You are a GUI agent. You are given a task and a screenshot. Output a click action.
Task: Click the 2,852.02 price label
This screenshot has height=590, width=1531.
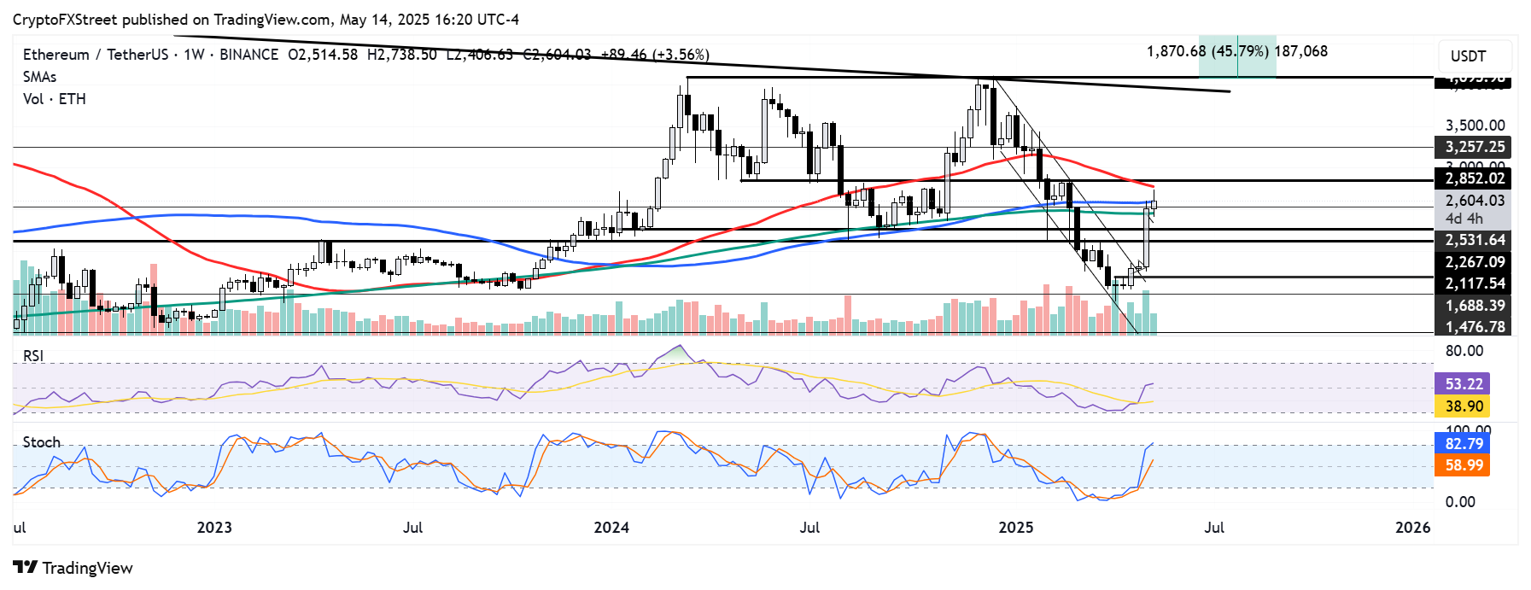tap(1474, 178)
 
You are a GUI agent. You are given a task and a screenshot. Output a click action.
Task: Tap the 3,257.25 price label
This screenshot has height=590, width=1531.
tap(1474, 147)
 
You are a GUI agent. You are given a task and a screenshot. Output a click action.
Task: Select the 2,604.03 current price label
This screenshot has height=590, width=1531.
tap(1474, 201)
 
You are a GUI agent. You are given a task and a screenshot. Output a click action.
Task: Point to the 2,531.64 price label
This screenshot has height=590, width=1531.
tap(1474, 240)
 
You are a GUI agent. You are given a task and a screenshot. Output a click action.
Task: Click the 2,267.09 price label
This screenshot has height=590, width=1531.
tap(1474, 262)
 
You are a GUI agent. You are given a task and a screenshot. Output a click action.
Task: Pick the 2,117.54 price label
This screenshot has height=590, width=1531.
tap(1474, 283)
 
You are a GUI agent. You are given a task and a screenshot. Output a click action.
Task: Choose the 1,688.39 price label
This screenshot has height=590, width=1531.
tap(1474, 306)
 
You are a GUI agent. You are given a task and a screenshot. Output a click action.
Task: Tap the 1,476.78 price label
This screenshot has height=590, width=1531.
tap(1474, 327)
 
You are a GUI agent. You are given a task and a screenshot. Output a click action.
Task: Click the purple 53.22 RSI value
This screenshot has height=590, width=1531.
tap(1464, 384)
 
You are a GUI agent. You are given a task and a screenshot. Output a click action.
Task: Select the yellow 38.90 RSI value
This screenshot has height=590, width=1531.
tap(1464, 406)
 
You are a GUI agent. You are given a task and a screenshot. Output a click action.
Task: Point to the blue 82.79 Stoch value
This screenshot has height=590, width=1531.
tap(1464, 444)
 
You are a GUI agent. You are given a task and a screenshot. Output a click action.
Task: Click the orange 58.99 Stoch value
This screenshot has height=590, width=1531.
tap(1464, 465)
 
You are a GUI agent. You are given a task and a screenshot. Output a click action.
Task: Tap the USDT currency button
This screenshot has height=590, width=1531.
tap(1473, 56)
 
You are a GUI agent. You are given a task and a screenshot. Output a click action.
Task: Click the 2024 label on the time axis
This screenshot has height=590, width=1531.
tap(611, 528)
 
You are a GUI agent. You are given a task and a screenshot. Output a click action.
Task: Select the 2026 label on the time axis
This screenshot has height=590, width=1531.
tap(1412, 528)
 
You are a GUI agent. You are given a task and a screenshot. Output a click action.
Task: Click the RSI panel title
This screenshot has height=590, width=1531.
tap(33, 356)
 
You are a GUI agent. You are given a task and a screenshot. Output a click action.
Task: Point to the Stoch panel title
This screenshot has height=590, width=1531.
tap(42, 442)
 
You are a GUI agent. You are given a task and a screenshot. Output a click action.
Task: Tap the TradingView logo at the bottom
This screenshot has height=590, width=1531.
tap(73, 569)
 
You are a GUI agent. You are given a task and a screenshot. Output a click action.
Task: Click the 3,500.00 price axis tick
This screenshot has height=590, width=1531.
tap(1474, 126)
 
